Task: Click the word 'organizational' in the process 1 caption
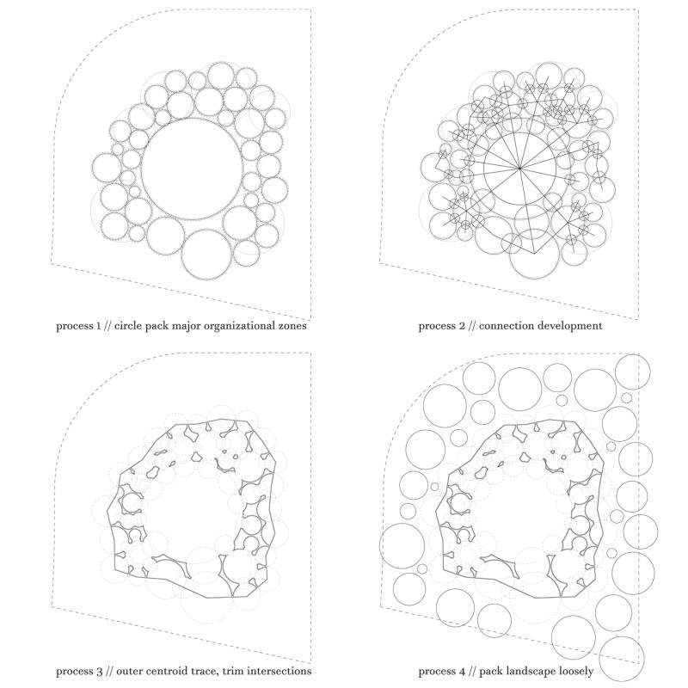coord(229,327)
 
